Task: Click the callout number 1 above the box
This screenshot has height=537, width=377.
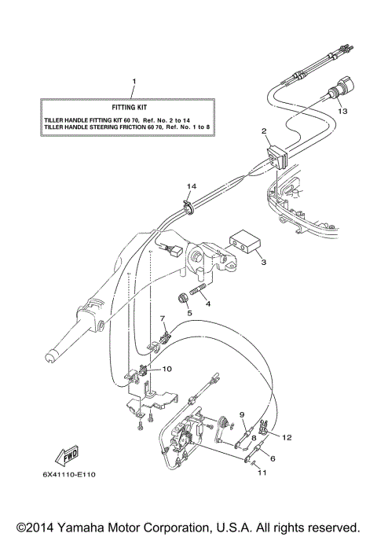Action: pos(134,83)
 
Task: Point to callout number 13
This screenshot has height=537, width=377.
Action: pos(341,112)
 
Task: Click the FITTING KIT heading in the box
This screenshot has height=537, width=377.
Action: pos(131,104)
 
